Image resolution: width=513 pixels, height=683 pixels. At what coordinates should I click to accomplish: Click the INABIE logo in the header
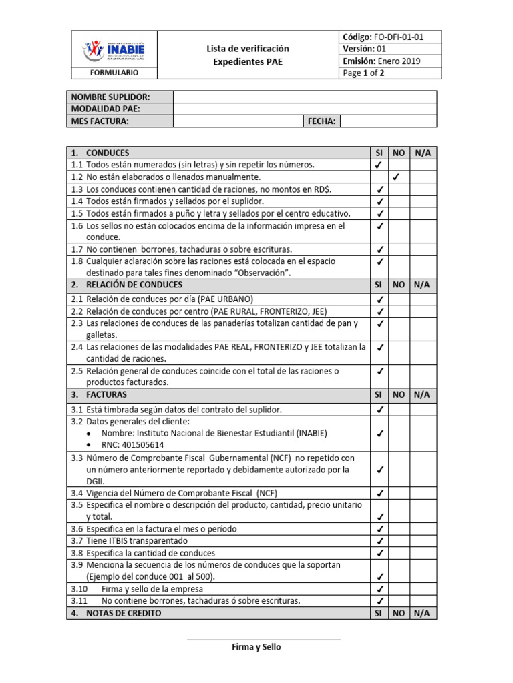click(114, 49)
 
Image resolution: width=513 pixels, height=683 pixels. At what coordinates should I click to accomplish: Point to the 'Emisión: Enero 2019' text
click(381, 61)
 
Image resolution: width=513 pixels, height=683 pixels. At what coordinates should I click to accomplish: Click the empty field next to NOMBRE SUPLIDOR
click(305, 97)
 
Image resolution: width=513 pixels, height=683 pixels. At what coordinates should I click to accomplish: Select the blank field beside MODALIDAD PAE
click(305, 109)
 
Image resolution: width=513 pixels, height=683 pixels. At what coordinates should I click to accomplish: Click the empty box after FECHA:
click(388, 121)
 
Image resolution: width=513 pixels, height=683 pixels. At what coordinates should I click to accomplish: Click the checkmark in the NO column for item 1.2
click(396, 177)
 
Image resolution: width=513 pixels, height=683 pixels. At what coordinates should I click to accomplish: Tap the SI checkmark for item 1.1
click(379, 165)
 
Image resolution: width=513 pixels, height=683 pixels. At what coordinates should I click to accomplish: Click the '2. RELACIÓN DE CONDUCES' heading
click(126, 285)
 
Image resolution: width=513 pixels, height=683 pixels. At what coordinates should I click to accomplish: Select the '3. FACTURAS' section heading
click(101, 394)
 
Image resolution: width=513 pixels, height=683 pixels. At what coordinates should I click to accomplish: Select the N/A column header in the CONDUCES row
click(423, 153)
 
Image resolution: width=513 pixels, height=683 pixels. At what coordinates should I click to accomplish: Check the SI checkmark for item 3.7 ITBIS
click(379, 541)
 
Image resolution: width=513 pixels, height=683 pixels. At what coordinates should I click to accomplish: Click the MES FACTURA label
click(100, 121)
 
